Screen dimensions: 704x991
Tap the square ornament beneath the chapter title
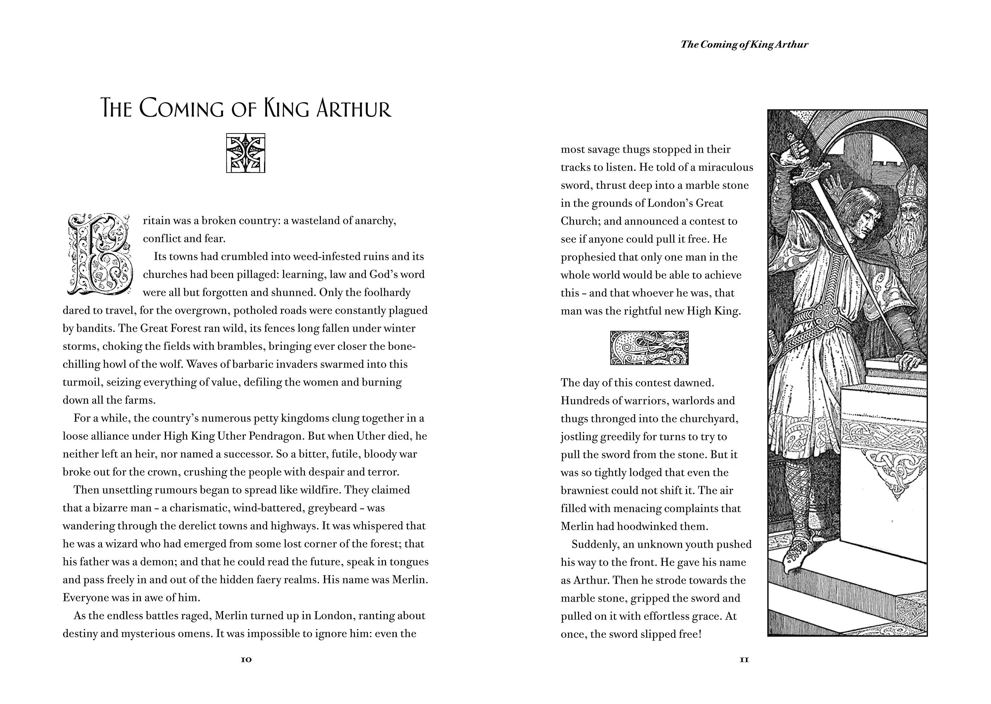click(245, 153)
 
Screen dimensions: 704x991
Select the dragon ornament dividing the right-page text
click(649, 348)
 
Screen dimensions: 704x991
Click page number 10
click(246, 660)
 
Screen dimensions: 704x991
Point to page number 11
click(744, 660)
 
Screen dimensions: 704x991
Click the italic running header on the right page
click(744, 44)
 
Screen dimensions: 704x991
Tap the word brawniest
click(585, 490)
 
